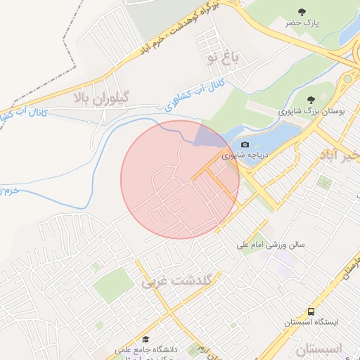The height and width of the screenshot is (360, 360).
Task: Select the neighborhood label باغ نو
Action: (224, 58)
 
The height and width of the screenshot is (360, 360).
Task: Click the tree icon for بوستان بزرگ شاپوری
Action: (311, 99)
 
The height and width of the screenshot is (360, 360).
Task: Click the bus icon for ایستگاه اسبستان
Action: (310, 311)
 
